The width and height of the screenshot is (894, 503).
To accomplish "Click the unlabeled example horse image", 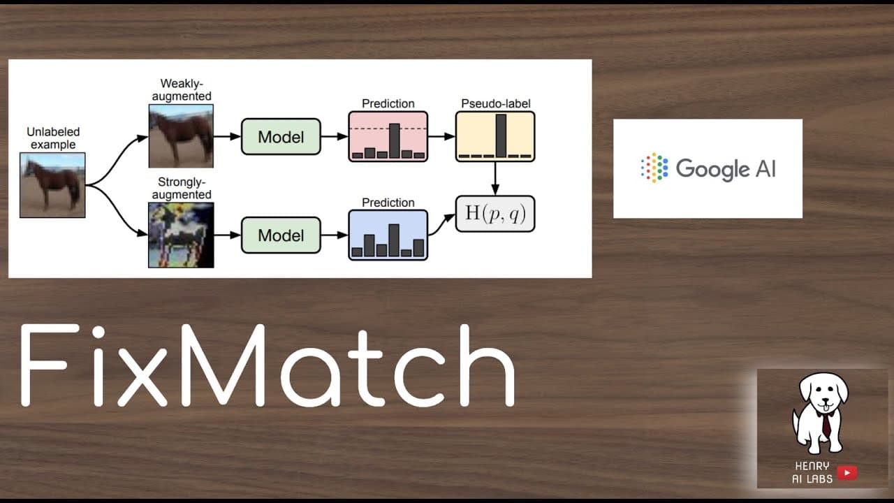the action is [52, 185].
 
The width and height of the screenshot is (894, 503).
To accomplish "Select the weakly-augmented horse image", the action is [181, 136].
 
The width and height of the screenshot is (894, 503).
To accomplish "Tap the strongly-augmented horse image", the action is [181, 235].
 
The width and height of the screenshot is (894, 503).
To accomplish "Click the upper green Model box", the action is [281, 136].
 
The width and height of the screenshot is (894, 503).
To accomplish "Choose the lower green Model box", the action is [281, 235].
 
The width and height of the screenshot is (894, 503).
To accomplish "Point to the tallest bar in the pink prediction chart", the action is [395, 141].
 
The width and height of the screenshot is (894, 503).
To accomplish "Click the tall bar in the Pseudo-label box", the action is [501, 136].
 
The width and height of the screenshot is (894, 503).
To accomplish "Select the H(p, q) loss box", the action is [495, 214].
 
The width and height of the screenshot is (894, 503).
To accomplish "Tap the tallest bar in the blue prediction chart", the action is [394, 240].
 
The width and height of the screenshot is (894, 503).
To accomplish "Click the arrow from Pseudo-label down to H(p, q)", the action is [495, 178].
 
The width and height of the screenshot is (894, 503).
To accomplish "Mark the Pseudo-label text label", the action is [496, 103].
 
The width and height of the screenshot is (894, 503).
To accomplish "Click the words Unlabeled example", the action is [53, 138].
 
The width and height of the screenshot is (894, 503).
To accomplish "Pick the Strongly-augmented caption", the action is [182, 188].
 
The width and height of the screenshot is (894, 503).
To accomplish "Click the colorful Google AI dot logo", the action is [654, 168].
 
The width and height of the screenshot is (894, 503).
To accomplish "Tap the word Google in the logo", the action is [712, 169].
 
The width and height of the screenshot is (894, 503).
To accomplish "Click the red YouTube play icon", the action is [847, 473].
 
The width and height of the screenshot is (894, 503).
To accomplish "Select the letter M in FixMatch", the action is [222, 365].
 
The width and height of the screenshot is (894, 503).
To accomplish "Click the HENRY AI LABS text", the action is [812, 472].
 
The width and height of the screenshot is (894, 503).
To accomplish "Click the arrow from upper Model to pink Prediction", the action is [335, 136].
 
